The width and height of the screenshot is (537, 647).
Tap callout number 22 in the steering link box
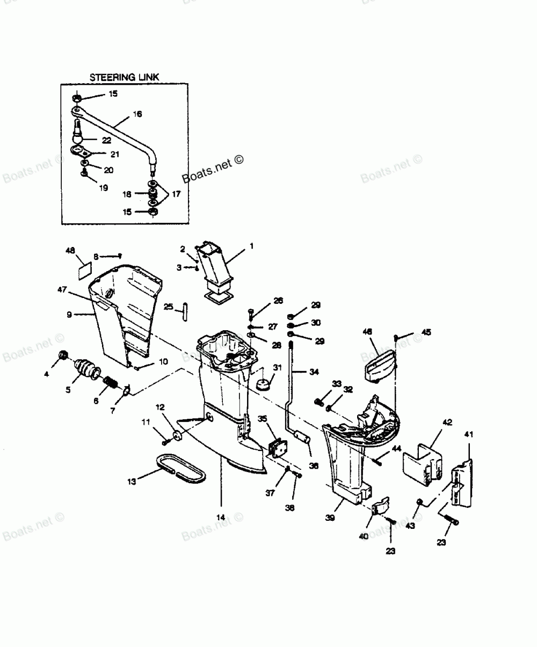[106, 140]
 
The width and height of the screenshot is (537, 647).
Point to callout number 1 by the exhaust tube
[251, 245]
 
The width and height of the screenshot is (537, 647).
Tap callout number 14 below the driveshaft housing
[220, 518]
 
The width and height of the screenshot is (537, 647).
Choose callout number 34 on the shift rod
[314, 370]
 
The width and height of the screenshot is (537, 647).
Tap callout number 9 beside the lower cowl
[69, 315]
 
